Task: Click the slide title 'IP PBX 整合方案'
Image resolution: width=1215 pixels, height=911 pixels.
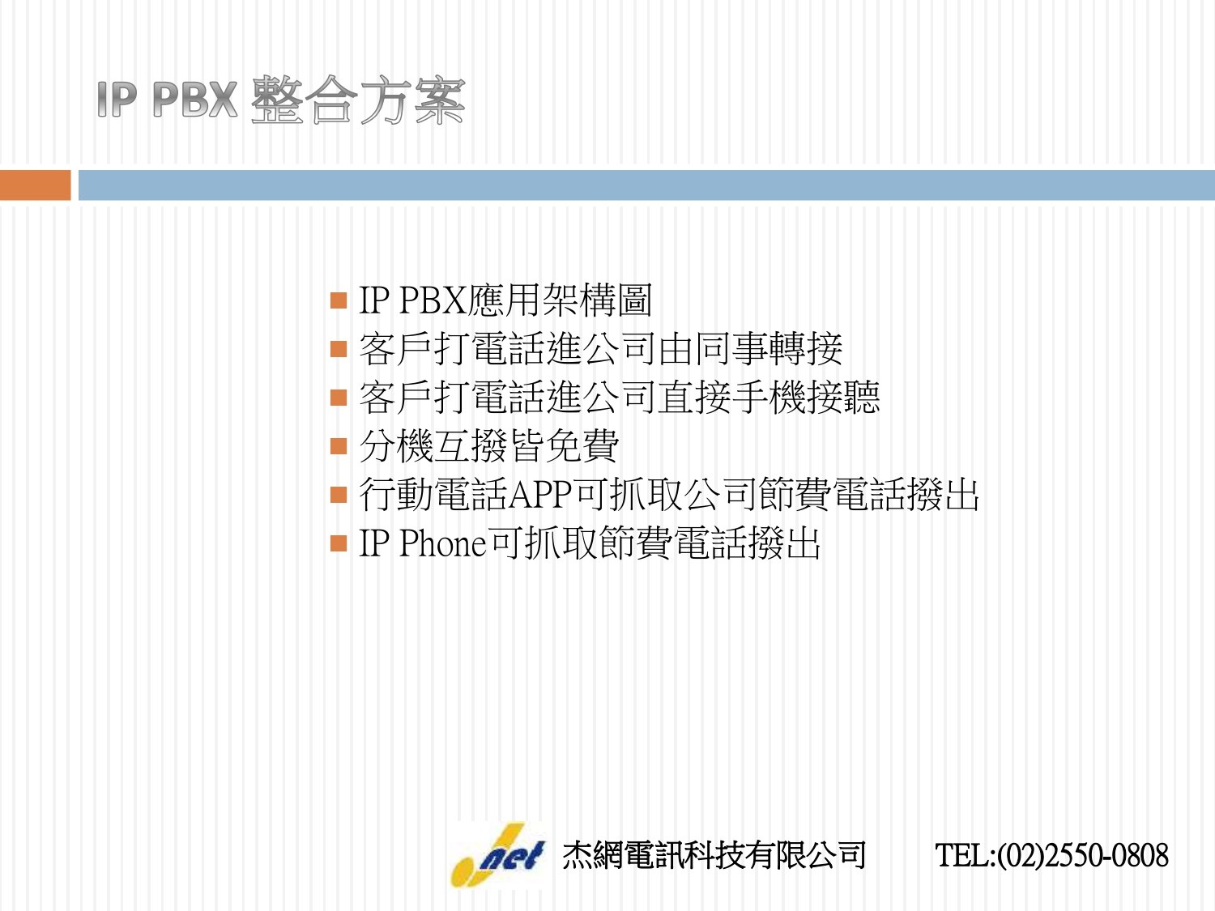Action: [280, 100]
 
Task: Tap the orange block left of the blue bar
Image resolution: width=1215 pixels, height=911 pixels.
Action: [36, 185]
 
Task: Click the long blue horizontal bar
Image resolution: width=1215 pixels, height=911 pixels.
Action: [646, 185]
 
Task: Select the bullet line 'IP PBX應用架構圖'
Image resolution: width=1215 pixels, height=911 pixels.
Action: [505, 300]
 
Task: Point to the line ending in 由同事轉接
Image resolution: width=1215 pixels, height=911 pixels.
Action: [600, 349]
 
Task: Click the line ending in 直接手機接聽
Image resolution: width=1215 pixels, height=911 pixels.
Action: [620, 397]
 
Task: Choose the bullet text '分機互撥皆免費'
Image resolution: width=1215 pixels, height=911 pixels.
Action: [488, 446]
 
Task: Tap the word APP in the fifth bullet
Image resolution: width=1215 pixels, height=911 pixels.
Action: [539, 495]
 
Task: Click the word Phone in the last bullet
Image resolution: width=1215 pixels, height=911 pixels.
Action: [443, 543]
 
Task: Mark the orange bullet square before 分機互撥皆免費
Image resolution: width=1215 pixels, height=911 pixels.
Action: [339, 446]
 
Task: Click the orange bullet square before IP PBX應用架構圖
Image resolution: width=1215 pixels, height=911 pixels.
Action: [339, 300]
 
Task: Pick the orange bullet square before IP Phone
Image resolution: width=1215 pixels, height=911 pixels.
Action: [339, 543]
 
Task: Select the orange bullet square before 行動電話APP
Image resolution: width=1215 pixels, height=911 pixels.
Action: [339, 495]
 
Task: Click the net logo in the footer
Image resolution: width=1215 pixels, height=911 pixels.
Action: [498, 855]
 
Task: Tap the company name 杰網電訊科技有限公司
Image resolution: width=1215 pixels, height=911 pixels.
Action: [714, 855]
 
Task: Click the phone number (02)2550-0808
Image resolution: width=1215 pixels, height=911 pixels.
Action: [1083, 855]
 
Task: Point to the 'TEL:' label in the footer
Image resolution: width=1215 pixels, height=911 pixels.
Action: [966, 855]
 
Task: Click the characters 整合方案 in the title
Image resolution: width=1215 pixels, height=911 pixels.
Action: [358, 100]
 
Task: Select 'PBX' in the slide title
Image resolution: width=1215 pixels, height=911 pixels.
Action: [195, 100]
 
